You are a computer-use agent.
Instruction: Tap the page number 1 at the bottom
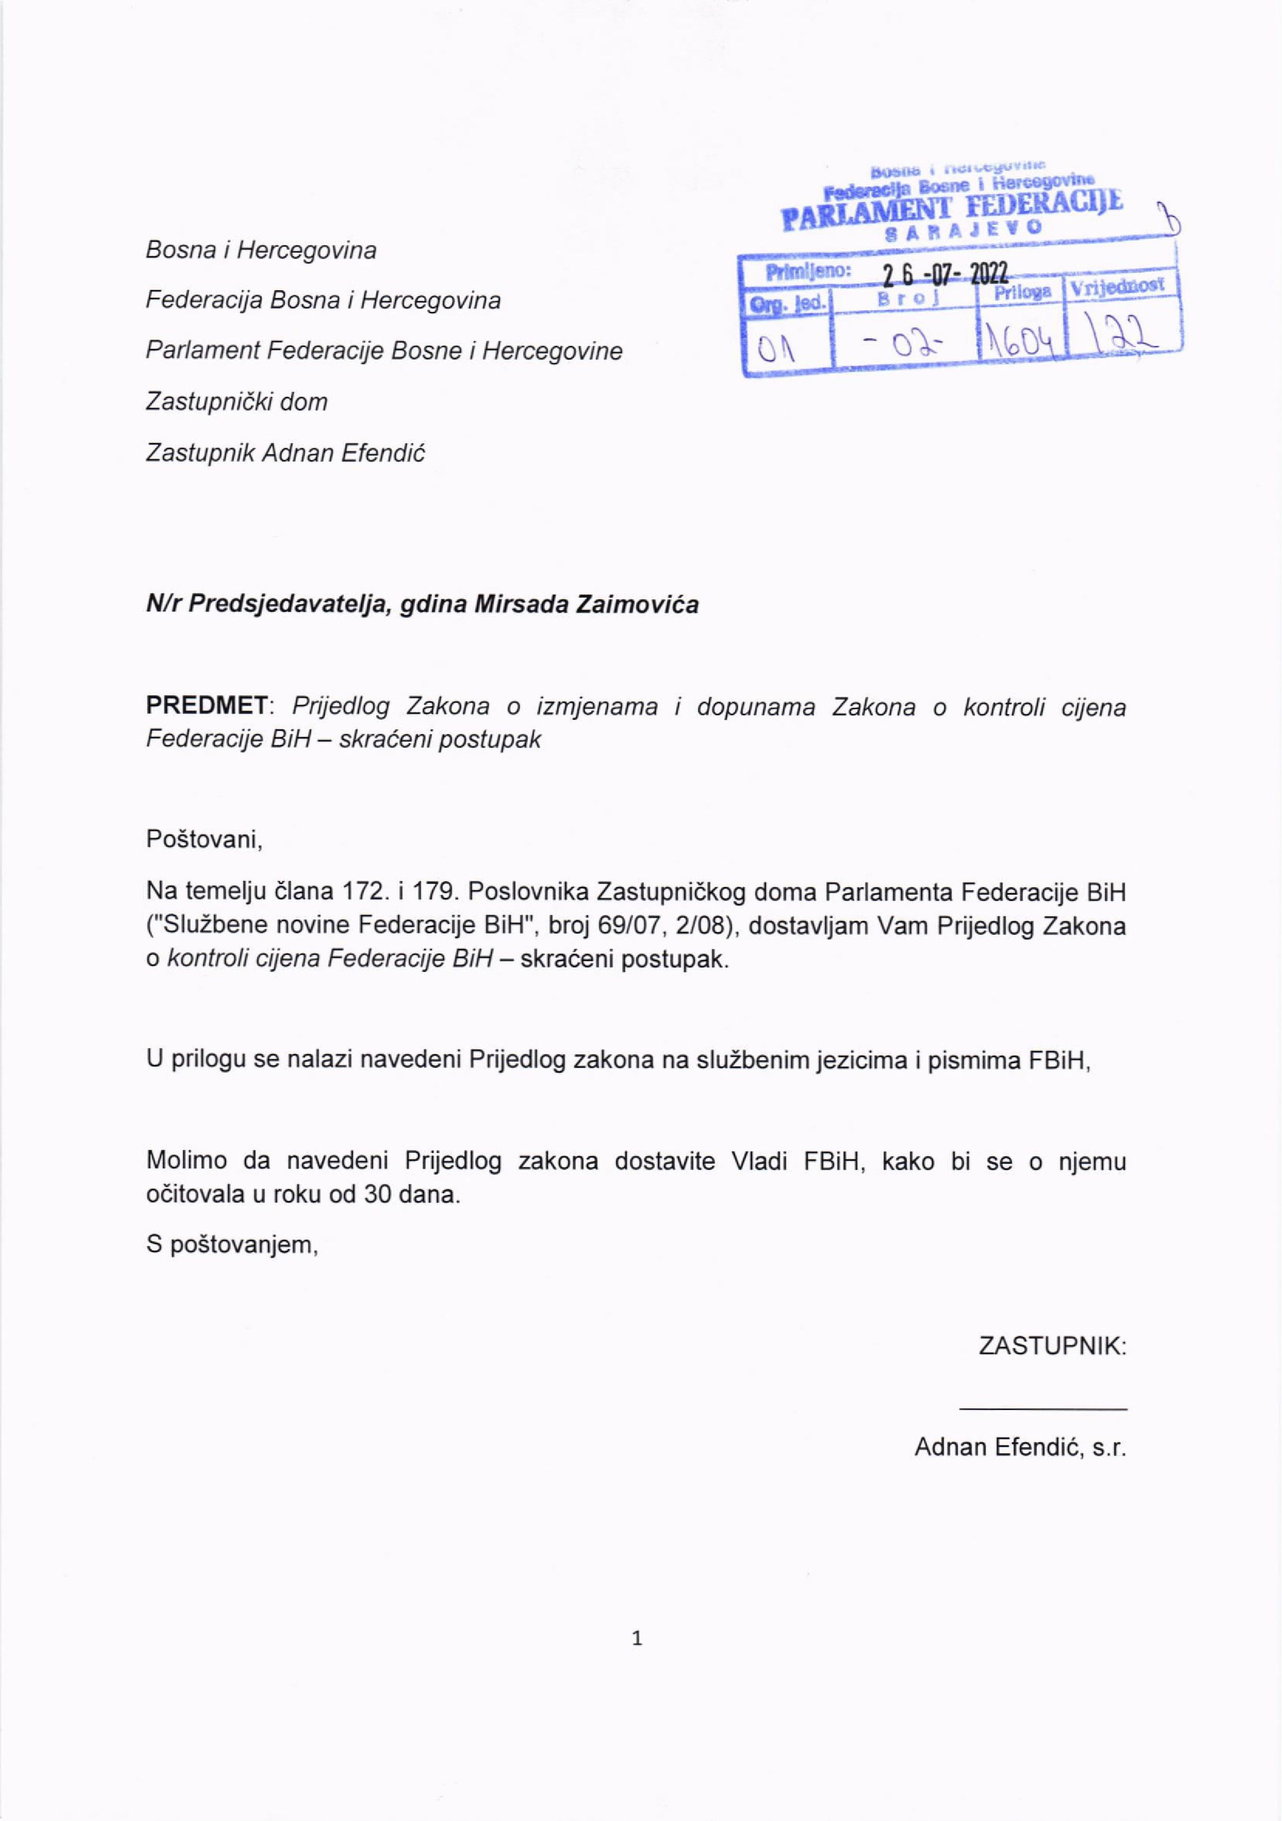(x=636, y=1638)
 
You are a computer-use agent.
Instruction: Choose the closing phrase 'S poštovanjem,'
(x=232, y=1245)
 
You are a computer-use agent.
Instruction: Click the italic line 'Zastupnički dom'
(x=236, y=402)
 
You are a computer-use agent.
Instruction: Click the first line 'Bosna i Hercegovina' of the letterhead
(x=261, y=251)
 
